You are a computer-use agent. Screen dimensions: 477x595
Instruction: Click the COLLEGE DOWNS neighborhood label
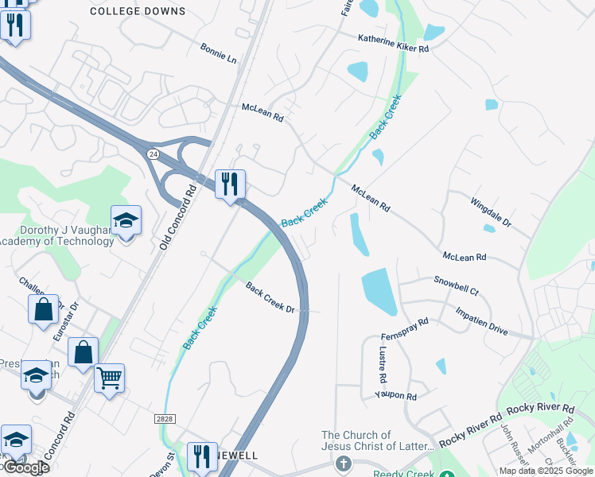coord(138,11)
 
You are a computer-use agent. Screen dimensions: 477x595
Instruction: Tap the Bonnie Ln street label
coord(219,53)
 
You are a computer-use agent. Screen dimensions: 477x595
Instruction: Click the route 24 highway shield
coord(153,153)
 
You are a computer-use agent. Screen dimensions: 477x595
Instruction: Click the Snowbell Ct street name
coord(456,286)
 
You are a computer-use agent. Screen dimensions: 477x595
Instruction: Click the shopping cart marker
coord(109,378)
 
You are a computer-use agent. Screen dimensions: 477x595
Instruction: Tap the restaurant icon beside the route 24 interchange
coord(230,184)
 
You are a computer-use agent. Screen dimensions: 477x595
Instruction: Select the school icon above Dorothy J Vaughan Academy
coord(126,220)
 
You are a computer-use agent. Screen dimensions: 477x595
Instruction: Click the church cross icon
coord(343,463)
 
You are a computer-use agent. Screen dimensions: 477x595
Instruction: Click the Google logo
coord(25,467)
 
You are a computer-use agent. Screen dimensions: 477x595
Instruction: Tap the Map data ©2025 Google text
coord(546,471)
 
